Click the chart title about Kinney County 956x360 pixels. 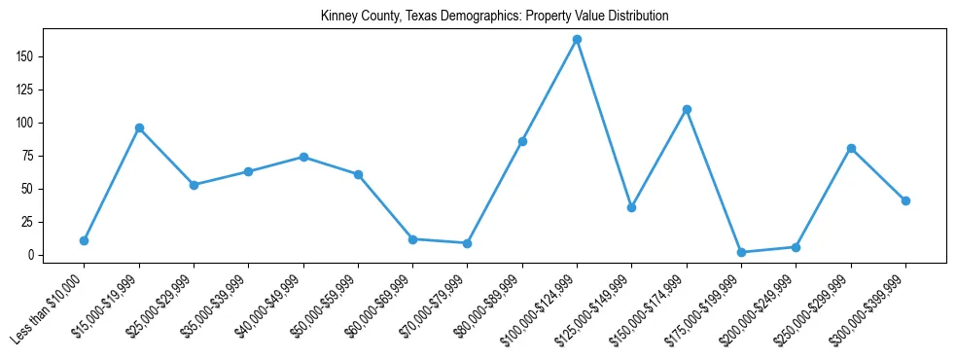pos(494,17)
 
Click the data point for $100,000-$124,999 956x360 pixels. pos(577,40)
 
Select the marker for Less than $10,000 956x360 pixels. pos(85,240)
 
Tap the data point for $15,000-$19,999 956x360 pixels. pos(139,127)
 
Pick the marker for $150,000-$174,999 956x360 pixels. pos(687,109)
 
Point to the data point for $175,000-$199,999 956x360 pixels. pos(741,252)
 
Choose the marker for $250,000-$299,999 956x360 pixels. pos(851,148)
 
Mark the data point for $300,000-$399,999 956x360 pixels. pos(905,200)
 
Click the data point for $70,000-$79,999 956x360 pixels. pos(468,243)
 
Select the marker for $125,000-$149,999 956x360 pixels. pos(632,207)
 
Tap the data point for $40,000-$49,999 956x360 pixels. pos(303,157)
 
